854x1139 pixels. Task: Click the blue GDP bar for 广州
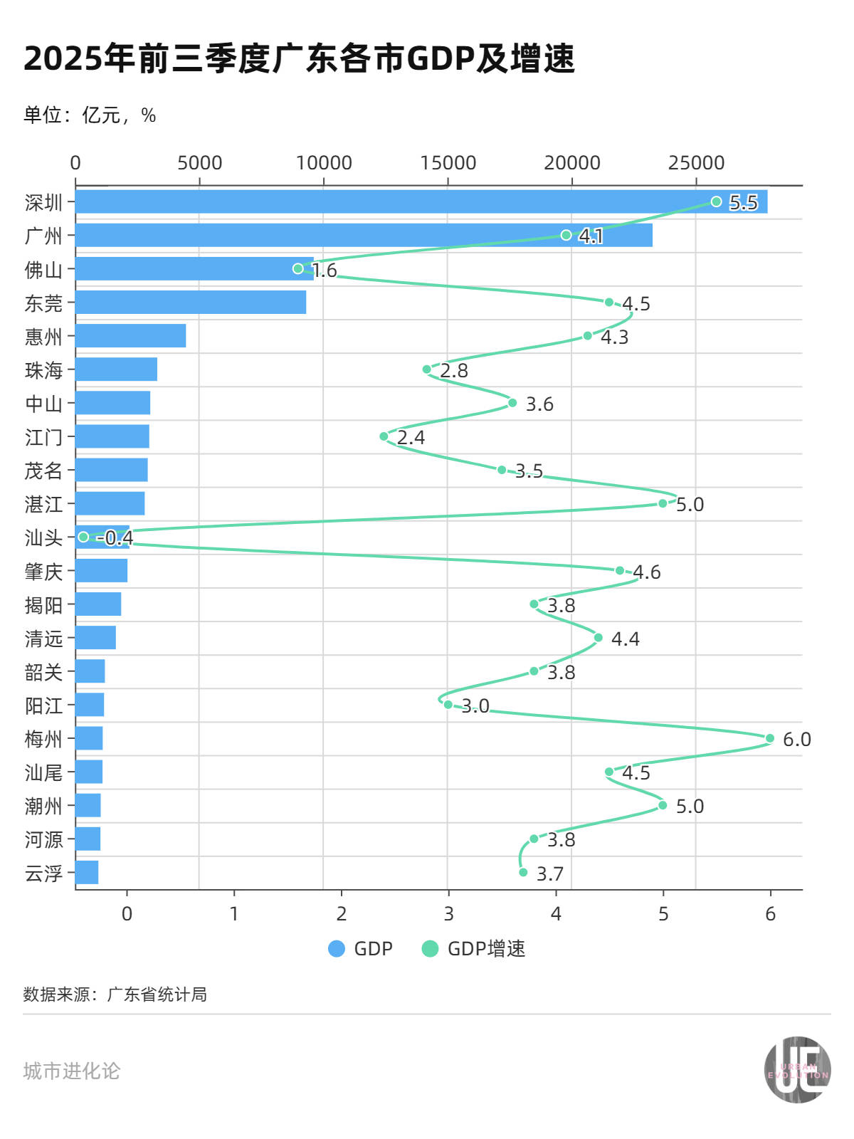click(x=363, y=235)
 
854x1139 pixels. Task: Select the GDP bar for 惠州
click(x=130, y=335)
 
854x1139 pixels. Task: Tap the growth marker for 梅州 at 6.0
click(x=769, y=738)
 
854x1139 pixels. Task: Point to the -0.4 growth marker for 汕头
click(x=83, y=537)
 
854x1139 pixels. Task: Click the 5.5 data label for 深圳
click(x=743, y=202)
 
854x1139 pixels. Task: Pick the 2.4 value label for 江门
click(x=411, y=437)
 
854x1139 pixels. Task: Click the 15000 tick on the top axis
click(x=448, y=163)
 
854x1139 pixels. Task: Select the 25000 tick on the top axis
click(x=695, y=163)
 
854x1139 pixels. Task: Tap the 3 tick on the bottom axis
click(x=448, y=914)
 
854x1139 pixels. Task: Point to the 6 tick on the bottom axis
click(x=770, y=914)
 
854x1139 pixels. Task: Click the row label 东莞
click(x=43, y=303)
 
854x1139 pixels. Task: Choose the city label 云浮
click(x=43, y=873)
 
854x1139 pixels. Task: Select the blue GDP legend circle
click(x=337, y=949)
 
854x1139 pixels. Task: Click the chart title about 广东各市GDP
click(x=299, y=58)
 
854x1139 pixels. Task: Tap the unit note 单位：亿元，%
click(x=90, y=115)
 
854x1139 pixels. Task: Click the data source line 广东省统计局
click(x=115, y=994)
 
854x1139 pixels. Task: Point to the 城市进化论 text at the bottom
click(x=72, y=1071)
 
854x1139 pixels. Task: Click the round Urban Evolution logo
click(x=797, y=1070)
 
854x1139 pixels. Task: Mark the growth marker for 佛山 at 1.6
click(x=297, y=268)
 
